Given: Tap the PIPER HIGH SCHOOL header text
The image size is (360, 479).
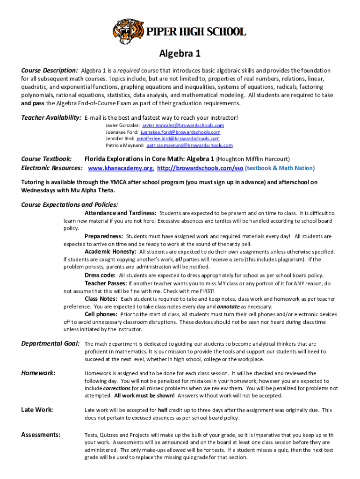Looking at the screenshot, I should click(197, 32).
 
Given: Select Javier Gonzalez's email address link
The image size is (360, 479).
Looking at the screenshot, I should click(183, 125).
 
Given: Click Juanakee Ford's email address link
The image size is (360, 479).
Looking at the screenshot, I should click(182, 132).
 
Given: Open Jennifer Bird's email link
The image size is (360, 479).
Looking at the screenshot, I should click(178, 138).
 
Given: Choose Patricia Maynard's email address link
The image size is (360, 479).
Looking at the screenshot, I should click(186, 145).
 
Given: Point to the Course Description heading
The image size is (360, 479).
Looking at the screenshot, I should click(50, 71).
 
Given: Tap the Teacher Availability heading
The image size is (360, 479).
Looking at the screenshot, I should click(51, 117).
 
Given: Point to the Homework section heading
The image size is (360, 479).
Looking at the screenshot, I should click(38, 373).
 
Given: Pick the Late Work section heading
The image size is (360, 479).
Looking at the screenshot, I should click(37, 410).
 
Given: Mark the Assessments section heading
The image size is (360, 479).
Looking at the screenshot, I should click(41, 435).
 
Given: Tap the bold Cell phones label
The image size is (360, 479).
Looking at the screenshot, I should click(101, 314).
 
